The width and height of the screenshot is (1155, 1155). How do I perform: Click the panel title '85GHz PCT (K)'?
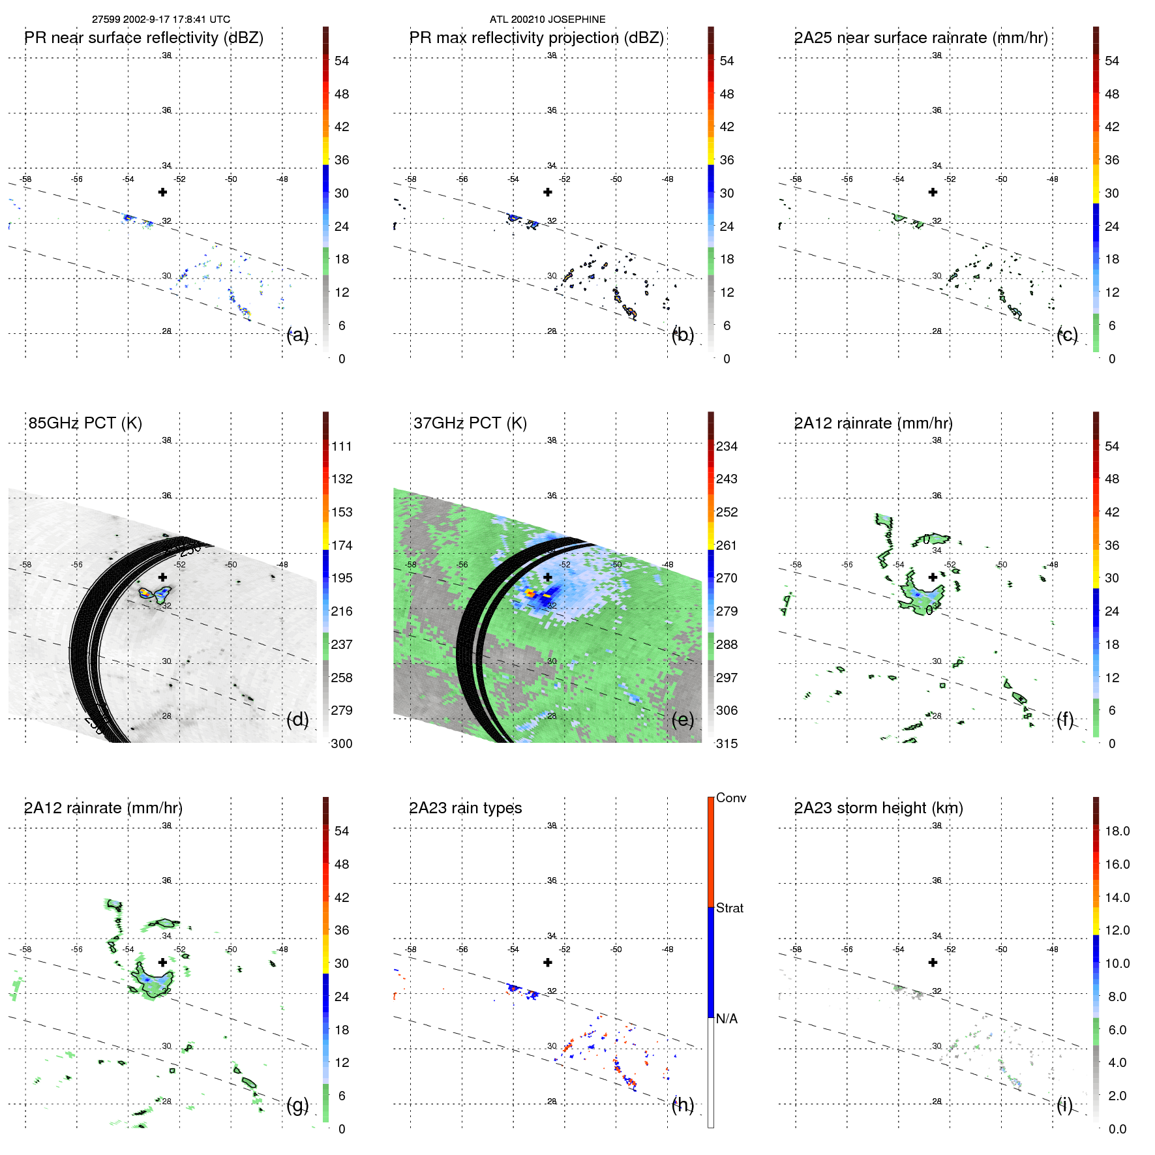coord(85,423)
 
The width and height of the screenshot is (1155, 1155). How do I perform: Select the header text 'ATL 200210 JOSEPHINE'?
coord(547,20)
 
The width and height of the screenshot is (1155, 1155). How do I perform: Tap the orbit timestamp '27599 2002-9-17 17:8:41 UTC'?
coord(160,20)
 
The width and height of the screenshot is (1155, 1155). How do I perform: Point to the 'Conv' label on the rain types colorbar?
coord(730,798)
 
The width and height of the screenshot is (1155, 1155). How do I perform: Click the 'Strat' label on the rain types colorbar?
coord(729,908)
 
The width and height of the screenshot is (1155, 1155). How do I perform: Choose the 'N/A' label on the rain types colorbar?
coord(727,1019)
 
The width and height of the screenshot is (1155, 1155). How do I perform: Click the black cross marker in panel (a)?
coord(162,192)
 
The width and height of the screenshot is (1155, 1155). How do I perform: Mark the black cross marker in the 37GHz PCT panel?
coord(548,577)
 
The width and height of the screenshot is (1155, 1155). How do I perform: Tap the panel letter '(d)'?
coord(297,719)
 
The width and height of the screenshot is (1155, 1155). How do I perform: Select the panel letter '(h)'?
coord(682,1104)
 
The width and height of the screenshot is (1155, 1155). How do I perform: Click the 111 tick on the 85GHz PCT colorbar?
coord(341,446)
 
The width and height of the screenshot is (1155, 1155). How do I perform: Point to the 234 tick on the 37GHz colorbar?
coord(727,446)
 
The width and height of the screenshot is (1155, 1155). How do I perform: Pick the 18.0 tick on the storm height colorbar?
coord(1117,831)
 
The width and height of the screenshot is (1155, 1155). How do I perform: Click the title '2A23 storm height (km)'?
coord(878,808)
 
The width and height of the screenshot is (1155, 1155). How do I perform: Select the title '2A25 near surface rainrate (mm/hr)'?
coord(920,38)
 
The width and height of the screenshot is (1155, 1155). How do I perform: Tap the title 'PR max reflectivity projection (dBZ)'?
coord(536,38)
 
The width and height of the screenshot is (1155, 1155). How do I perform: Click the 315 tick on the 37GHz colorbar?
coord(727,743)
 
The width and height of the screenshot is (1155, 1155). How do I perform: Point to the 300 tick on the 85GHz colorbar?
coord(341,743)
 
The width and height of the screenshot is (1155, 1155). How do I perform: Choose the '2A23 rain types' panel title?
coord(465,808)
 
